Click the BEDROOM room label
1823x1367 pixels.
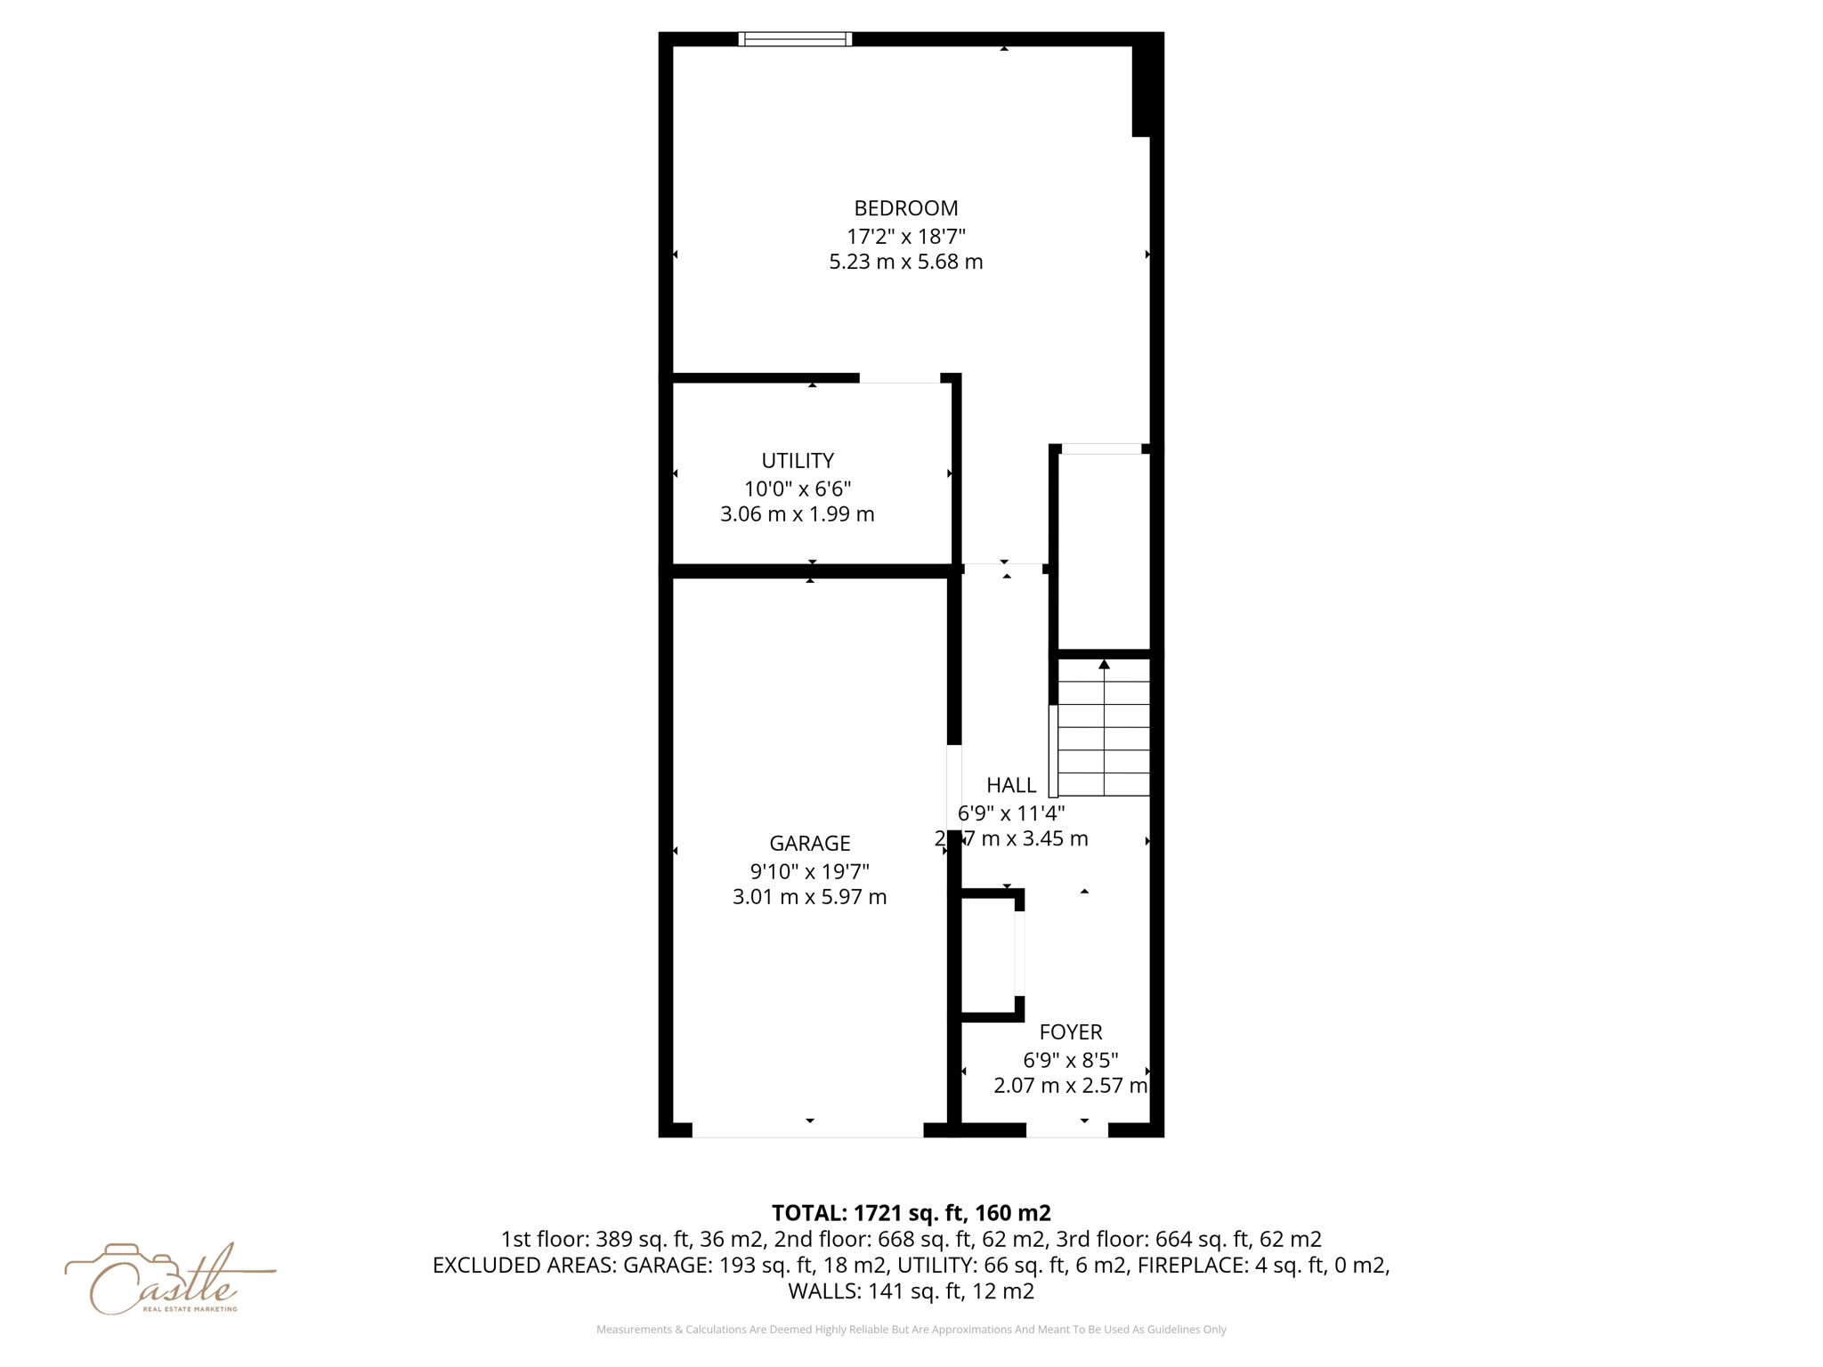pos(905,208)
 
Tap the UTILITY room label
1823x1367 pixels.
pos(798,461)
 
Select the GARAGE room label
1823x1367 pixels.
pos(809,843)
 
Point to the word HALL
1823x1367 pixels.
pos(1011,785)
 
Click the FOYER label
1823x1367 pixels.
pos(1070,1032)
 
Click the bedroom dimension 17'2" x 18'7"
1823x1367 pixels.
pos(905,237)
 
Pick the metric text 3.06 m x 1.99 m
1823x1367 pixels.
pos(798,514)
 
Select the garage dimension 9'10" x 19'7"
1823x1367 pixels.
pos(809,871)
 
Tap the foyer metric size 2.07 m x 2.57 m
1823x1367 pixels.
pos(1070,1086)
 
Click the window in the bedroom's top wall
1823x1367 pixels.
pos(795,39)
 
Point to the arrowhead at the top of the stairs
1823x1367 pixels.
pos(1104,665)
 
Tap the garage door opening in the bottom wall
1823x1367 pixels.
pos(807,1130)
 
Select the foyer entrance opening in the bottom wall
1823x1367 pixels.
pos(1067,1130)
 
